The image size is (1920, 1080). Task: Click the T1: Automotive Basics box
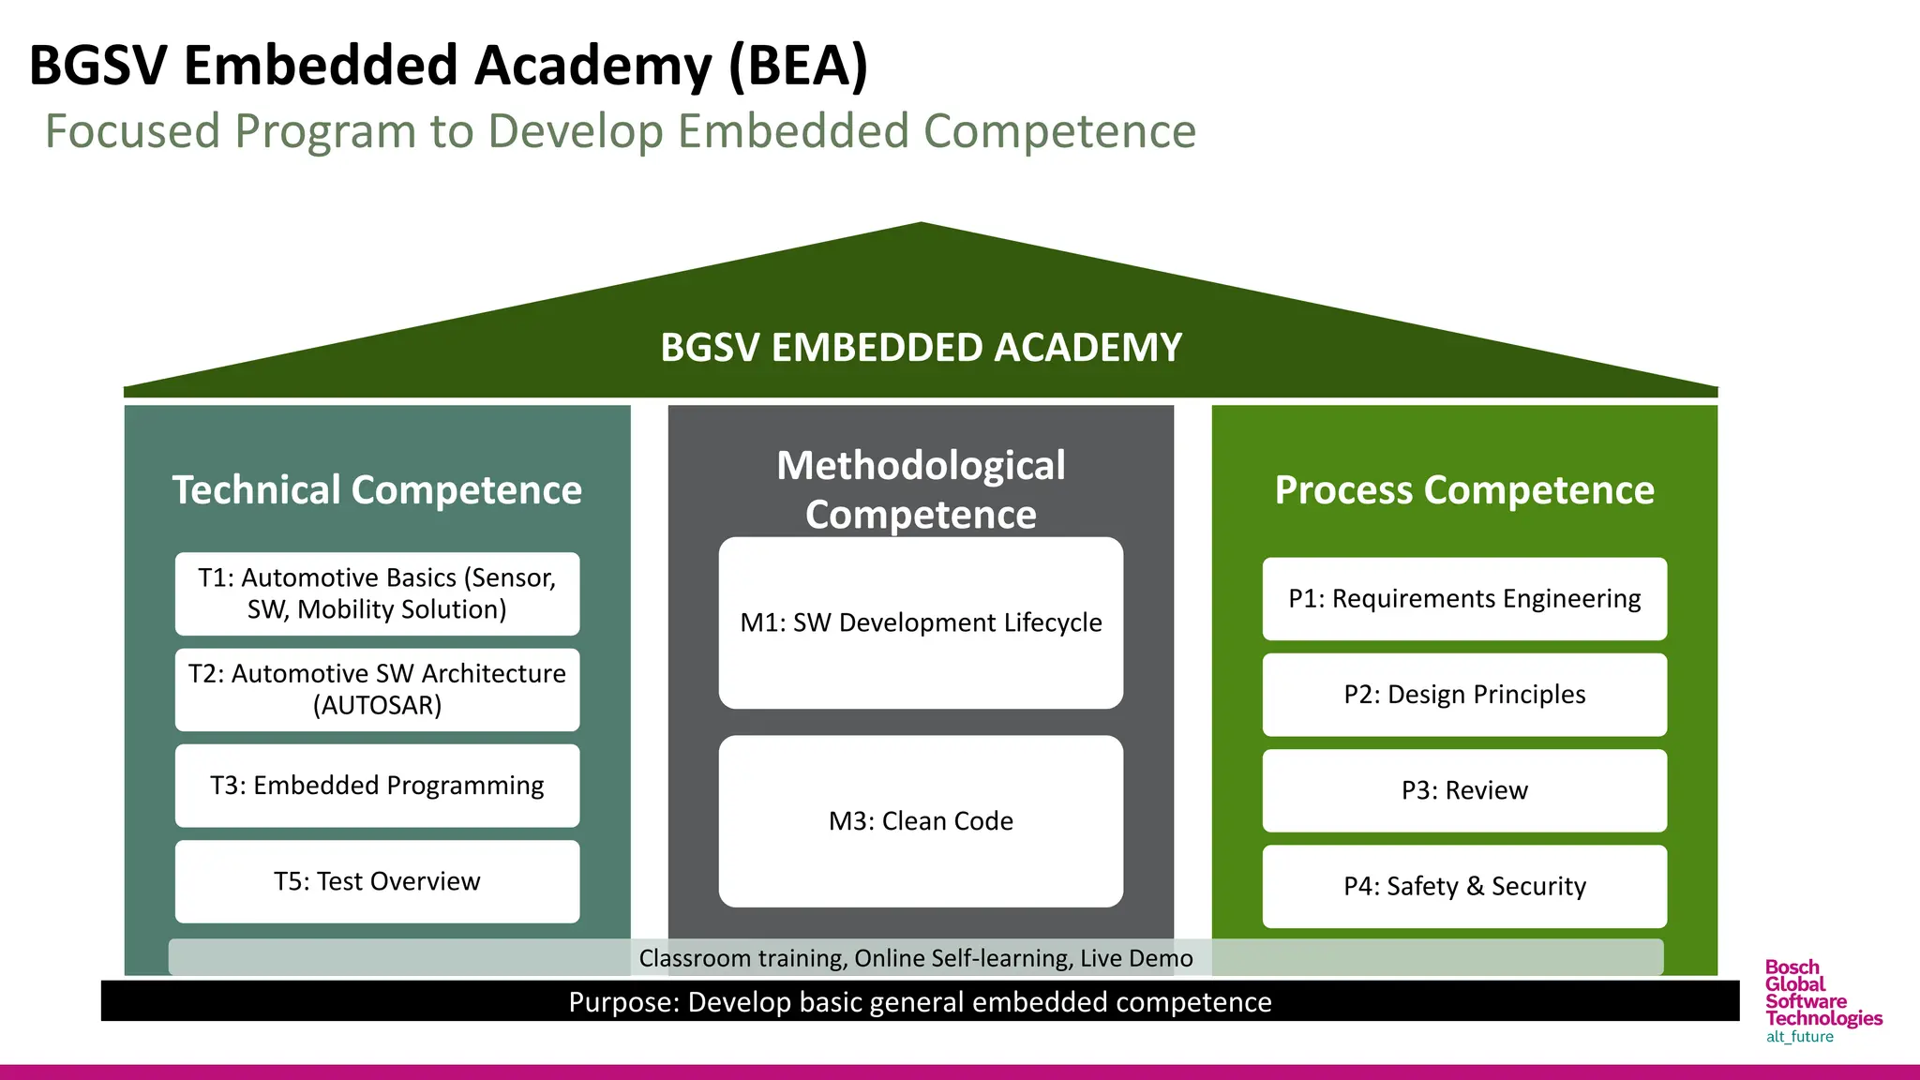pos(377,593)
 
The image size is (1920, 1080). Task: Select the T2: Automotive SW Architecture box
pos(377,689)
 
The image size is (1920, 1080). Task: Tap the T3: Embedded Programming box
pos(377,786)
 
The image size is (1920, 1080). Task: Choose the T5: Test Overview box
pos(377,881)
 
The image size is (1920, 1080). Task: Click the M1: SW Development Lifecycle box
pos(921,622)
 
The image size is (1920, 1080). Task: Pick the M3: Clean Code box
pos(921,821)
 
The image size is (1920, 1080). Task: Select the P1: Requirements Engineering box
pos(1464,599)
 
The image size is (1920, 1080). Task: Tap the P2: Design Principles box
pos(1464,695)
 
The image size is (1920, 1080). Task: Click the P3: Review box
pos(1464,790)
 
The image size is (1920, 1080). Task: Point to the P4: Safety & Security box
pos(1464,886)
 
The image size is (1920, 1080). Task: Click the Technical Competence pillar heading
pos(377,490)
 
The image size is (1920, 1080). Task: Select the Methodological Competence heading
pos(921,489)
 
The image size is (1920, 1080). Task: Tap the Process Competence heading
pos(1464,490)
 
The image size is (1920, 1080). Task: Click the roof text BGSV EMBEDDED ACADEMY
pos(921,348)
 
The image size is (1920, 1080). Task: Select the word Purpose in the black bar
pos(622,1002)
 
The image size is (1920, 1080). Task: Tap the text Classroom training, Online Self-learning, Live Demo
pos(916,958)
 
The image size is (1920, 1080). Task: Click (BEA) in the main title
pos(798,66)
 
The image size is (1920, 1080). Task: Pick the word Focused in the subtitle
pos(132,131)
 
